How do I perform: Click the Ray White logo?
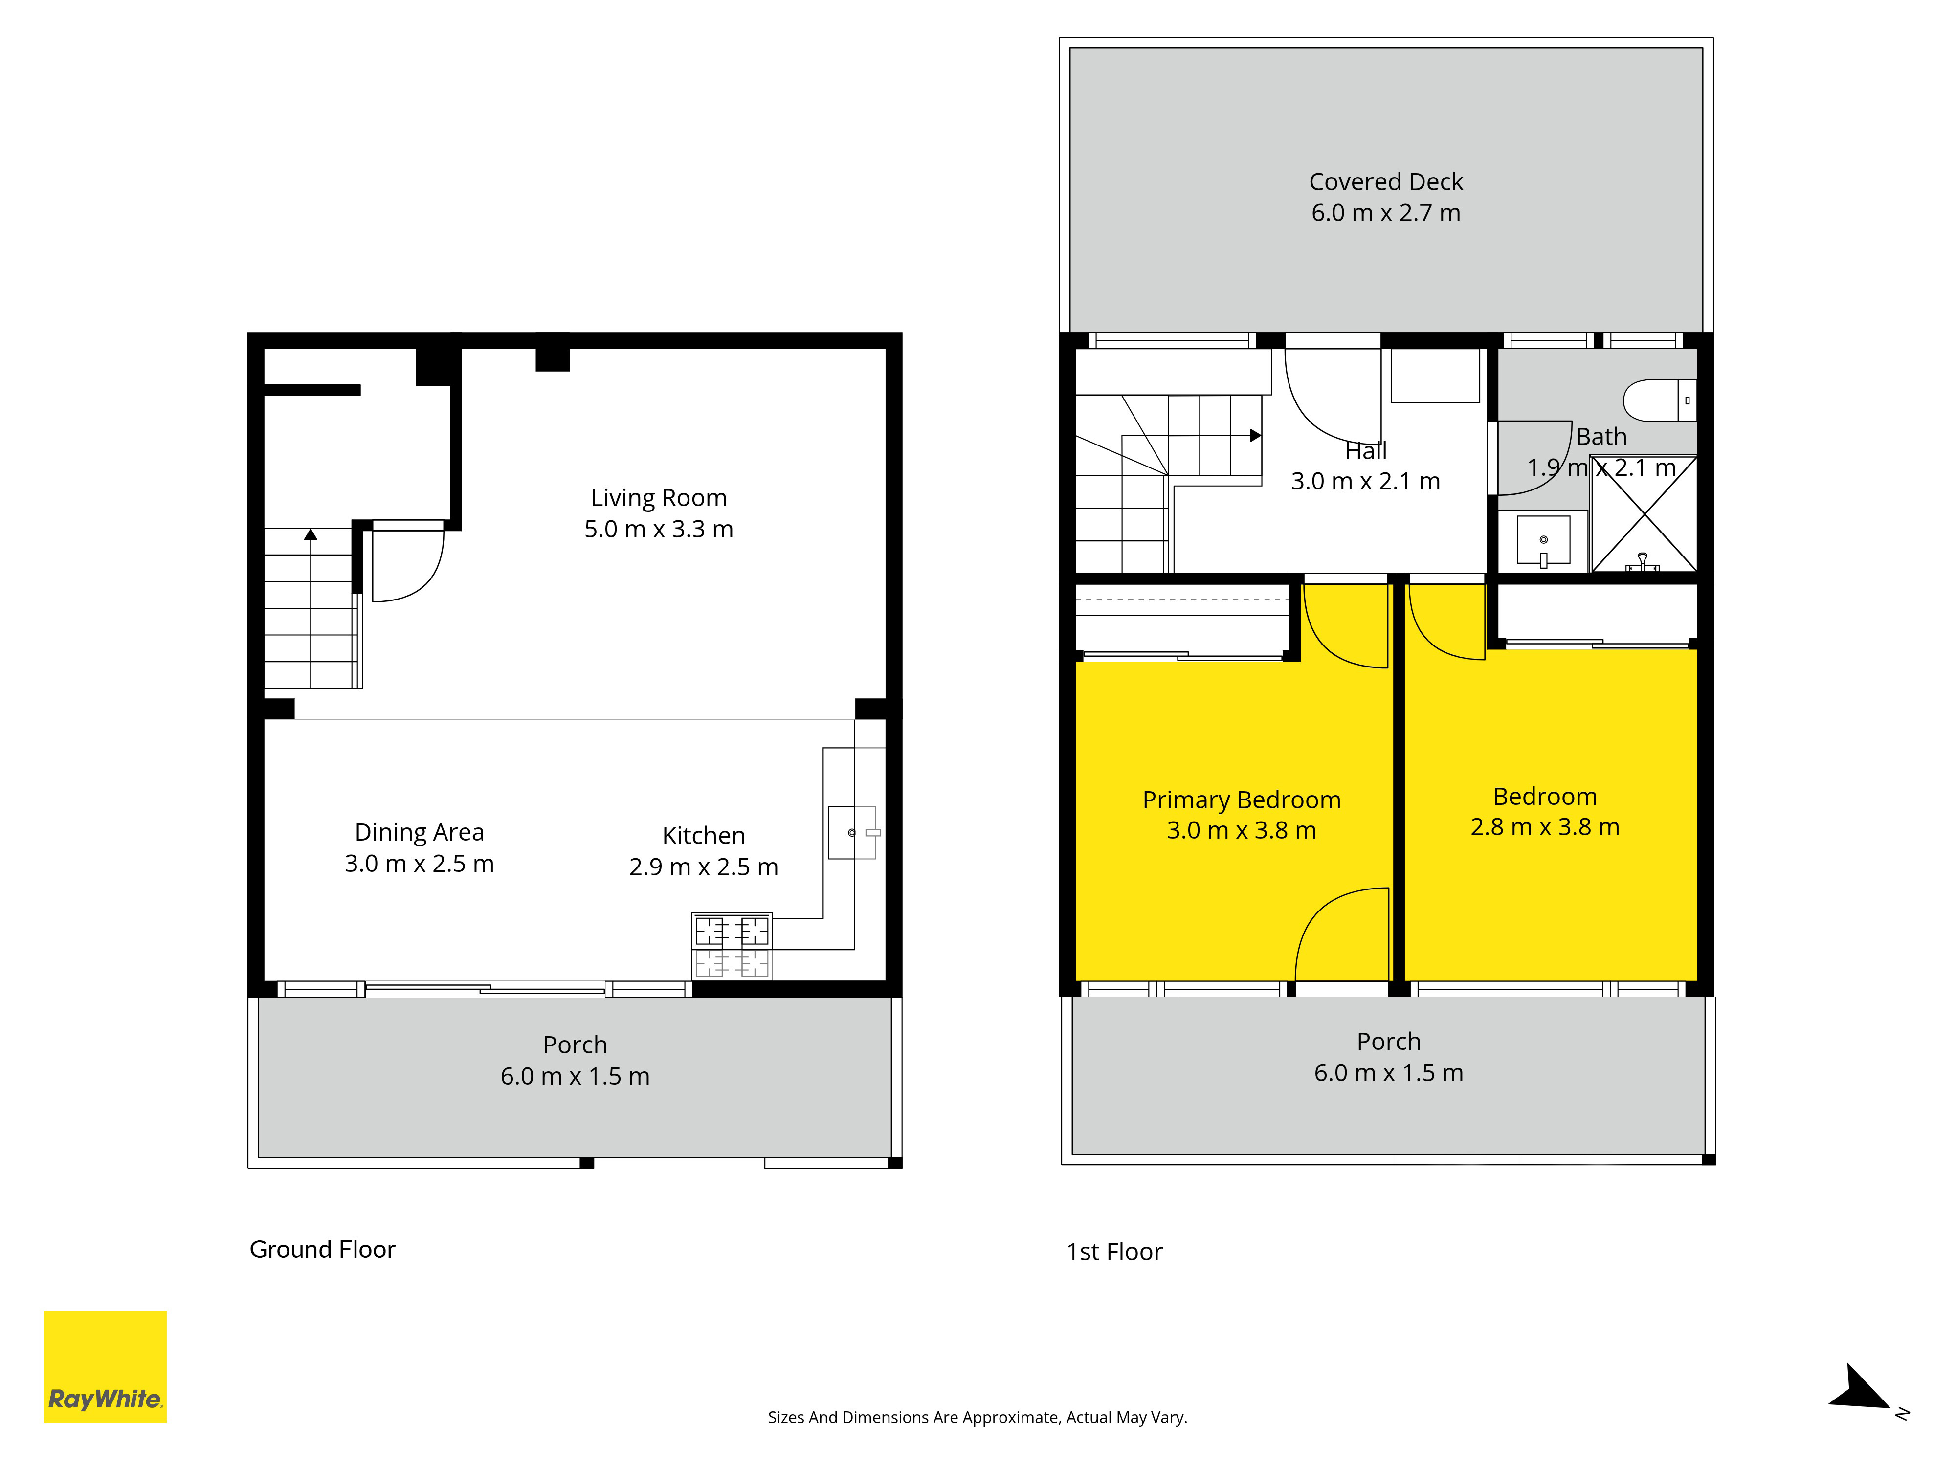coord(105,1366)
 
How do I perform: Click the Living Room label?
coord(659,498)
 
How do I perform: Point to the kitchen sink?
coord(851,832)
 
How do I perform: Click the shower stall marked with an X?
coord(1644,514)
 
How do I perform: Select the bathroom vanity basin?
coord(1543,539)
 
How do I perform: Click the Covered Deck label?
coord(1386,181)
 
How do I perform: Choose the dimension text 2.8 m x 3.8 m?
coord(1545,827)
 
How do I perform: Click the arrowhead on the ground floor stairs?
coord(311,534)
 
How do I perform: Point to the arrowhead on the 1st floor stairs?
coord(1256,435)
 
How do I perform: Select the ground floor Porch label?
coord(575,1045)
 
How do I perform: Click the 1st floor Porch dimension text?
coord(1388,1072)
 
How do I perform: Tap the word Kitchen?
coord(704,836)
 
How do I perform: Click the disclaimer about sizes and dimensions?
coord(977,1418)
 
